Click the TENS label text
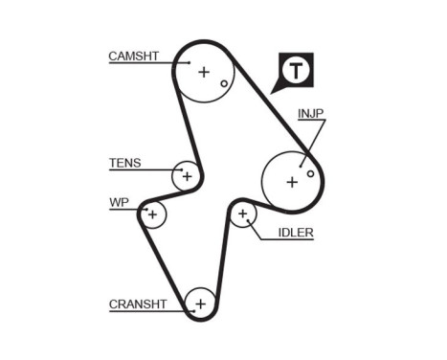[x=125, y=163]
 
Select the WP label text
[x=118, y=202]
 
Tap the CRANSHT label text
[x=138, y=304]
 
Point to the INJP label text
[x=310, y=113]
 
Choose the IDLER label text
[x=296, y=233]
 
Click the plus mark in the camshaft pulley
[x=203, y=71]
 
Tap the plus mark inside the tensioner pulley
[x=188, y=176]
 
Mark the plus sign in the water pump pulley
[x=151, y=214]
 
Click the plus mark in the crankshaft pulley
[x=200, y=304]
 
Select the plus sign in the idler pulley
[x=243, y=214]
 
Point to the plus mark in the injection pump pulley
[x=291, y=180]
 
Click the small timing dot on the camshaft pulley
[x=224, y=83]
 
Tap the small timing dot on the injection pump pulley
[x=310, y=173]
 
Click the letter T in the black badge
[x=298, y=70]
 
